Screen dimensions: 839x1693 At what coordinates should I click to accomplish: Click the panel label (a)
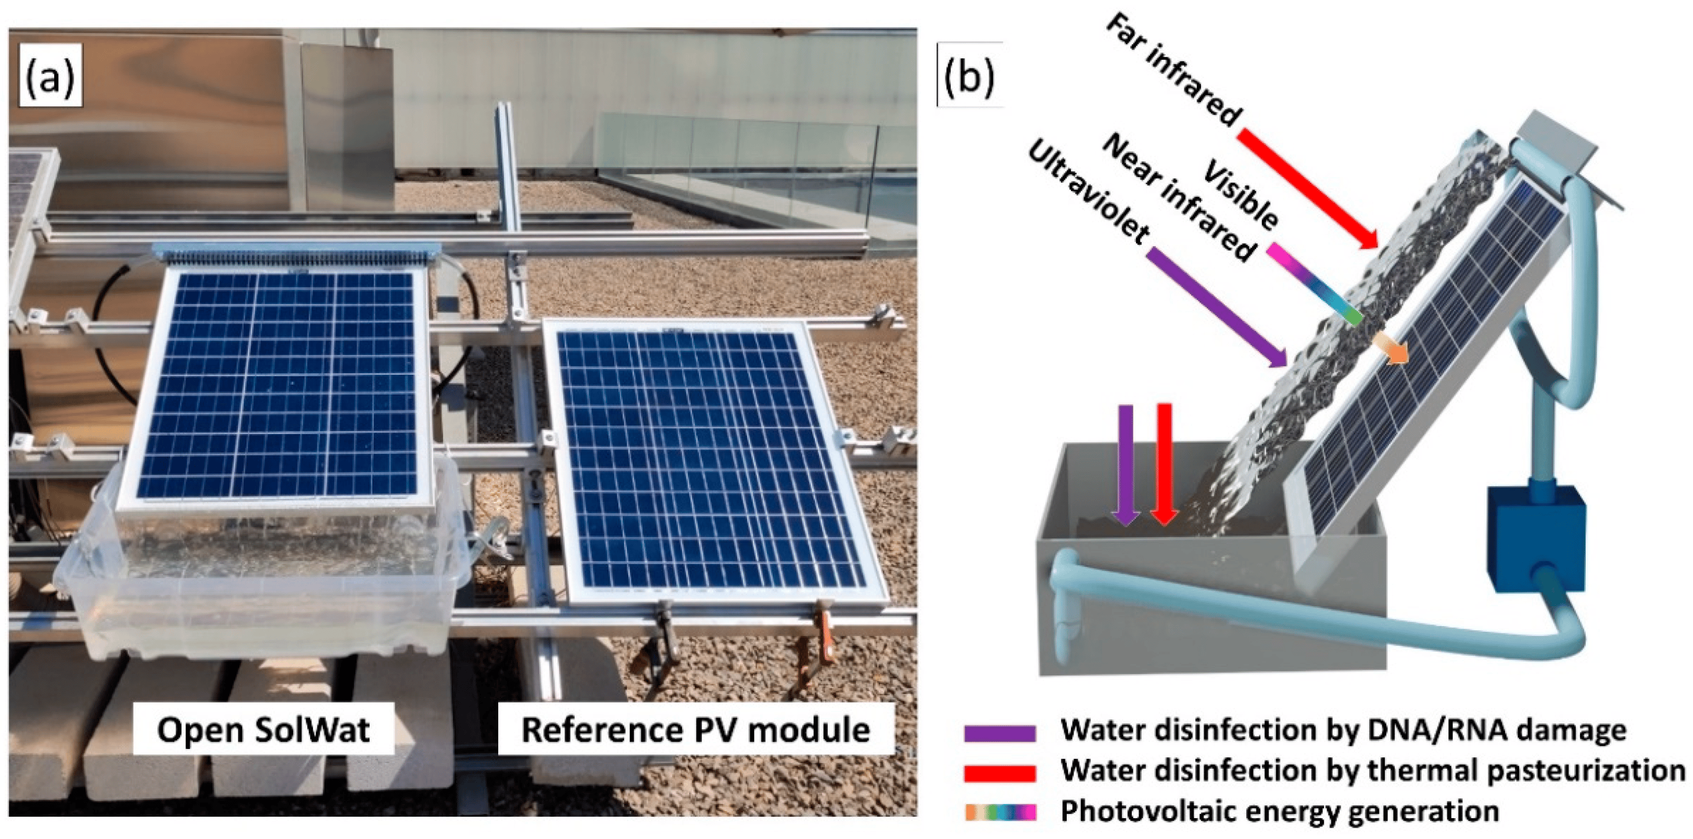[50, 75]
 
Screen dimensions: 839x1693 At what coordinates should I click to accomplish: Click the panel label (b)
[968, 75]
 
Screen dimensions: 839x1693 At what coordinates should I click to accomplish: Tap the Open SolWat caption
[263, 729]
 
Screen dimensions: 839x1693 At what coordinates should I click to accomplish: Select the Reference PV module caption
[696, 729]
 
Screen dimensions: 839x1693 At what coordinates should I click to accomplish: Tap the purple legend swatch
[1000, 733]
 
